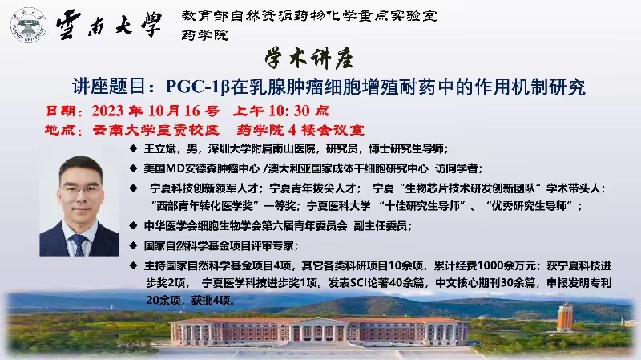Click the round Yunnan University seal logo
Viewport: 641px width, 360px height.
[x=28, y=26]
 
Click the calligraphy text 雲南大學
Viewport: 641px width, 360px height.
[x=109, y=25]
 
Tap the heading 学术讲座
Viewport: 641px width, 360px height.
[x=309, y=59]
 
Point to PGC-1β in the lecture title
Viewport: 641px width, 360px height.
[x=198, y=87]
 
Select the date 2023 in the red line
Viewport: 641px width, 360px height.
[x=107, y=111]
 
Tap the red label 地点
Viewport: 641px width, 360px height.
[x=60, y=130]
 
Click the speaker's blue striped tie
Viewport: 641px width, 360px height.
[x=79, y=244]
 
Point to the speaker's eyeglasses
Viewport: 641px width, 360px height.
[x=82, y=190]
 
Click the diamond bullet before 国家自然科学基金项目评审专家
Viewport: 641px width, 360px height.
[x=133, y=245]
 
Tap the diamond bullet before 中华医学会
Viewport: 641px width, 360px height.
[x=133, y=225]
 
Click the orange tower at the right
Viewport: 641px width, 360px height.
[x=565, y=316]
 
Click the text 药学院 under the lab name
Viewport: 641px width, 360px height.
[x=205, y=35]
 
